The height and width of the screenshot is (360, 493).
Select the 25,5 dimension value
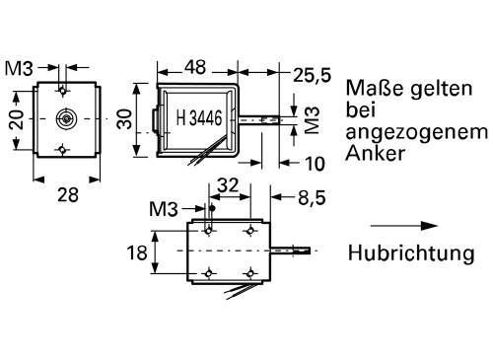tap(311, 73)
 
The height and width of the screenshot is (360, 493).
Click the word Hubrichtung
tap(410, 253)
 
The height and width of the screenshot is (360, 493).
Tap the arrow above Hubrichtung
tap(403, 226)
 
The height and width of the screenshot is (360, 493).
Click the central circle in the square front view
tap(65, 117)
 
